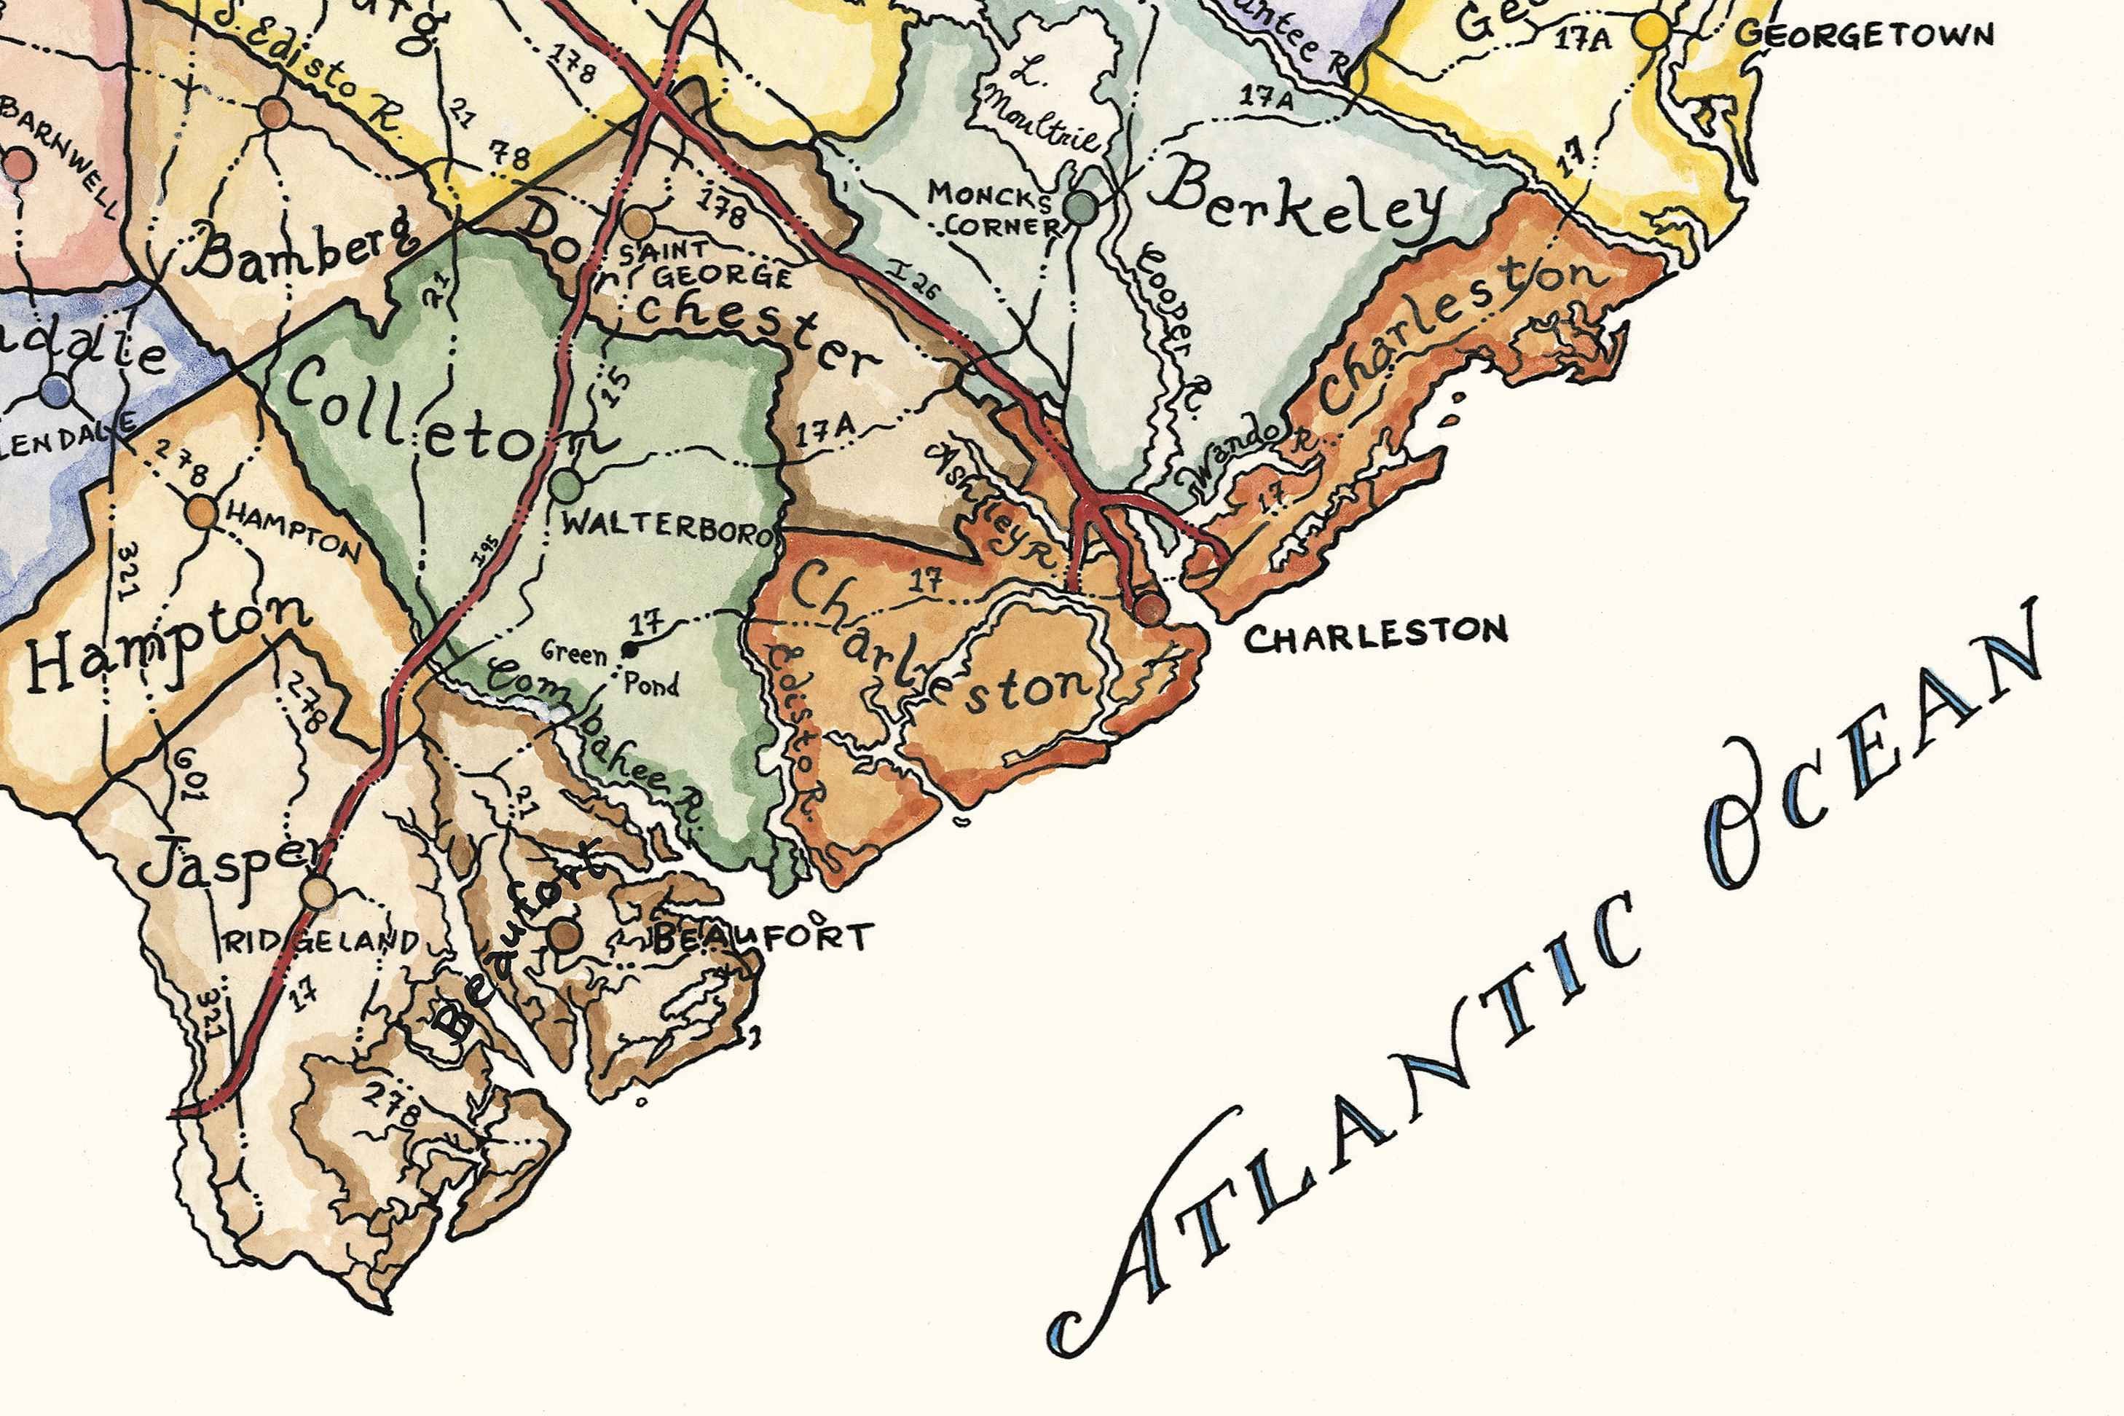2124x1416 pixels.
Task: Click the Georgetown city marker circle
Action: point(1653,31)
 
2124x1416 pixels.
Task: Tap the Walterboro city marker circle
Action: point(566,486)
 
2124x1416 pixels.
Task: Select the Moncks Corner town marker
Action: point(1081,208)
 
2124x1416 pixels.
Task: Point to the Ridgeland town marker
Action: point(318,892)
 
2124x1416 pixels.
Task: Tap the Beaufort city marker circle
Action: point(565,934)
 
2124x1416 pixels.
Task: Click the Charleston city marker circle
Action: point(1149,607)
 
